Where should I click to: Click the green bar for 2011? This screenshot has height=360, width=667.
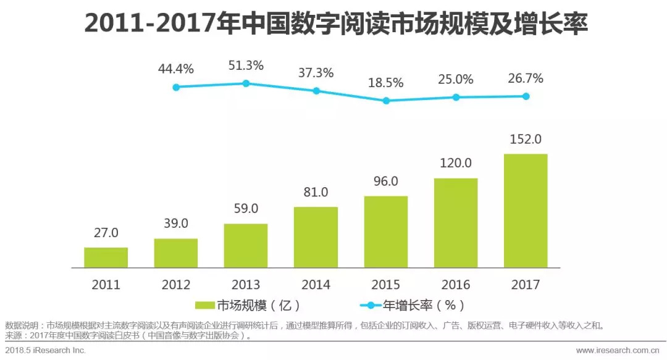pos(106,257)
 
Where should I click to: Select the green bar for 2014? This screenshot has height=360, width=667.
pos(316,237)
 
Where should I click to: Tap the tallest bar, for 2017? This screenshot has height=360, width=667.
pos(526,211)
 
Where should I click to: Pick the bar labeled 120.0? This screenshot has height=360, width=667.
pos(456,223)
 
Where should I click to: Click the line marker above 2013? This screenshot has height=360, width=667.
pos(246,83)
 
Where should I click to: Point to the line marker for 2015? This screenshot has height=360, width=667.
pos(386,100)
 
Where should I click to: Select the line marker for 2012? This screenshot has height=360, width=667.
pos(176,87)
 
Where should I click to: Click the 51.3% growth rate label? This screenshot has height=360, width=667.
pos(246,65)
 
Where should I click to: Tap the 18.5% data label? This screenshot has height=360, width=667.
pos(386,82)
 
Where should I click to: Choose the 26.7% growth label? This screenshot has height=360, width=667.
pos(526,78)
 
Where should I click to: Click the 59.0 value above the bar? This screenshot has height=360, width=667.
pos(246,209)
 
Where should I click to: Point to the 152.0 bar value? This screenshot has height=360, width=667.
pos(526,139)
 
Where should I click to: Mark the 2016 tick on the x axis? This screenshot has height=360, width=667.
pos(456,285)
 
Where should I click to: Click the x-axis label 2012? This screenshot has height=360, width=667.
pos(176,285)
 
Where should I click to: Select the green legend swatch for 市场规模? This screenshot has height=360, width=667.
pos(204,305)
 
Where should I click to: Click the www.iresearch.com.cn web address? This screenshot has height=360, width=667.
pos(617,350)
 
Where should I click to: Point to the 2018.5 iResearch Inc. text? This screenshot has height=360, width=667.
pos(46,350)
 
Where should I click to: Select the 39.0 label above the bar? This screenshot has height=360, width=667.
pos(176,224)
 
